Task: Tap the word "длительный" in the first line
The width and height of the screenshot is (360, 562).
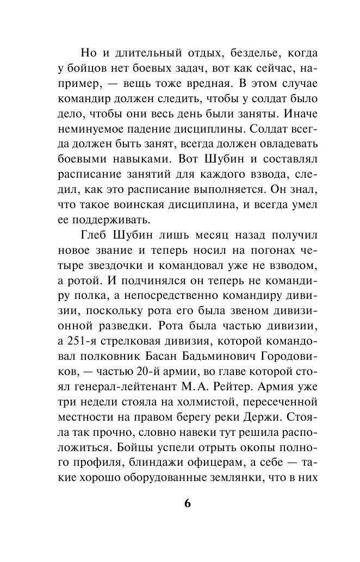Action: click(x=137, y=55)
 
